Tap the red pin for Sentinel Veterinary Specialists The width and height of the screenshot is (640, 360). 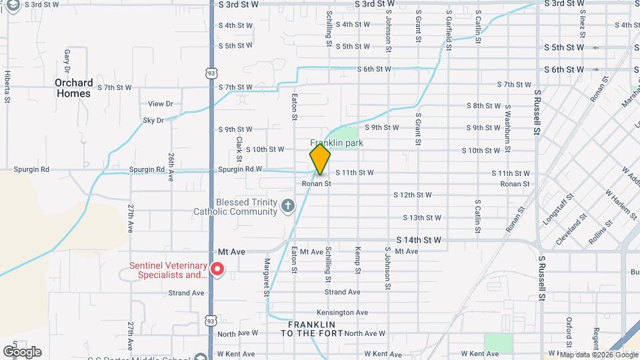[x=217, y=269]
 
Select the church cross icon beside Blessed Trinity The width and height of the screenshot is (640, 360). [x=288, y=205]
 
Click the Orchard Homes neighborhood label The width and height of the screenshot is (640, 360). [x=73, y=88]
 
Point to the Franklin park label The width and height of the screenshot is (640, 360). [x=333, y=143]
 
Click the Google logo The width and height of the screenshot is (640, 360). [x=22, y=351]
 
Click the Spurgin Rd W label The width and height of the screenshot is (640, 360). [x=240, y=169]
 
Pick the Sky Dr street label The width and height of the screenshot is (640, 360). [x=153, y=121]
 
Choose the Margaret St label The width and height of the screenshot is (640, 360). [x=267, y=277]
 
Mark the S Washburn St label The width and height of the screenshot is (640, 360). [x=507, y=125]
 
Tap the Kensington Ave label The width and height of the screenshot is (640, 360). [x=342, y=313]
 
